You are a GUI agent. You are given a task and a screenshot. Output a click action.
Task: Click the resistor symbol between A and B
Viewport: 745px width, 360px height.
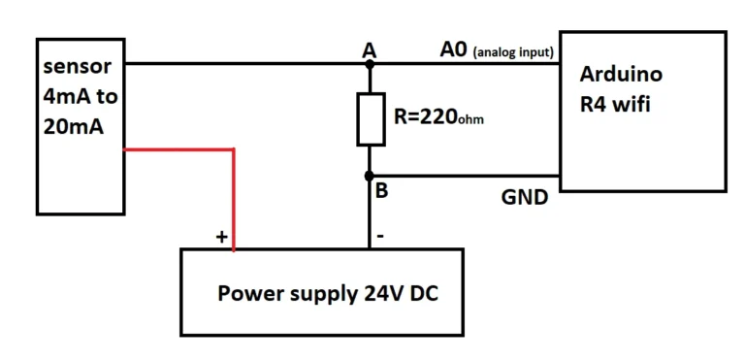tap(369, 119)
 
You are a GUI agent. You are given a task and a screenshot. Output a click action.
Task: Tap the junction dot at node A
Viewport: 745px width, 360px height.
tap(369, 64)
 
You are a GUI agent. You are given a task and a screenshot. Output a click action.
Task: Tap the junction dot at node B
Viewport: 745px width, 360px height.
tap(369, 177)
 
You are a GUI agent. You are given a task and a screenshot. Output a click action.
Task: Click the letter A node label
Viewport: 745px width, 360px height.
tap(369, 49)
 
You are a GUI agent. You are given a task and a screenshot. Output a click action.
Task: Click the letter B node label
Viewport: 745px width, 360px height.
tap(382, 191)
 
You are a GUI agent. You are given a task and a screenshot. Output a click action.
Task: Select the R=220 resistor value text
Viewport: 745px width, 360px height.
tap(426, 118)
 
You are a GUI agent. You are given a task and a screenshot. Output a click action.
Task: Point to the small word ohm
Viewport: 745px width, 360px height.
tap(471, 122)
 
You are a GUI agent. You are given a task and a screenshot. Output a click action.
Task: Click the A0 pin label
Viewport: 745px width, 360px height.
tap(453, 49)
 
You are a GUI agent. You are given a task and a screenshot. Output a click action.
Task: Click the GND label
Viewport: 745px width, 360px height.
tap(525, 197)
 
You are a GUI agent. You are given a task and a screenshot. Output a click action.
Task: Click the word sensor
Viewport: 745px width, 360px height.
tap(77, 67)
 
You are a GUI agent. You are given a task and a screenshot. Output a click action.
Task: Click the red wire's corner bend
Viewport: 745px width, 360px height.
tap(234, 150)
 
